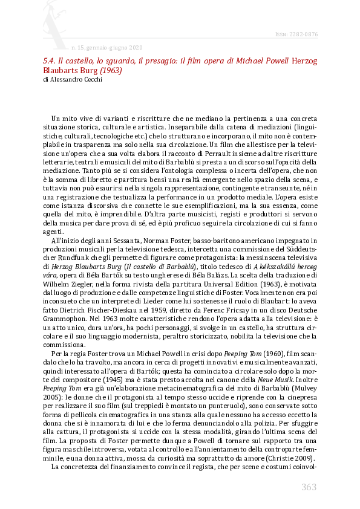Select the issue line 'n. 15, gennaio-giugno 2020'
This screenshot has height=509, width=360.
click(106, 47)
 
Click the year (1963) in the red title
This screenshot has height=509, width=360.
click(111, 70)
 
